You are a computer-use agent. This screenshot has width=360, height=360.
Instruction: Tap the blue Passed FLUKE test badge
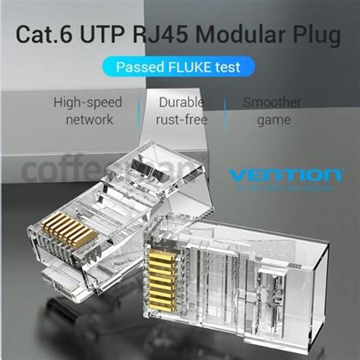coord(178,67)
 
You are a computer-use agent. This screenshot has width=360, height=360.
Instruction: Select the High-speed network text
coord(89,111)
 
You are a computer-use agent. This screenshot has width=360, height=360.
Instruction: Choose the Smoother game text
coord(272,111)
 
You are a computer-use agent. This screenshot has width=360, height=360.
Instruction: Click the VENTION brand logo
coord(280,177)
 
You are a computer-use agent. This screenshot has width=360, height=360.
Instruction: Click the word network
coord(89,120)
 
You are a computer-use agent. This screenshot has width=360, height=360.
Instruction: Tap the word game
coord(272,120)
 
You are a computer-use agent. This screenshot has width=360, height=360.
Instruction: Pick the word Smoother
coord(272,102)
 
